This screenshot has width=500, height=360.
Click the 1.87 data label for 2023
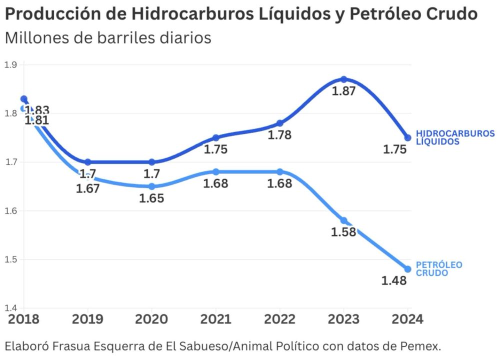[x=343, y=91]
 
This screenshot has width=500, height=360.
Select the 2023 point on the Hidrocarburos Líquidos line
[x=343, y=79]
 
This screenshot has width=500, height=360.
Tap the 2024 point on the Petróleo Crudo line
[x=407, y=269]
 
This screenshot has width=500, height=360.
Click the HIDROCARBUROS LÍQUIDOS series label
[x=455, y=137]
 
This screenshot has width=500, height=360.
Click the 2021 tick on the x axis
[x=215, y=319]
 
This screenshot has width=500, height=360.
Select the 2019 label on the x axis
[x=88, y=319]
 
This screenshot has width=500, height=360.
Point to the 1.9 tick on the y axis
[x=10, y=64]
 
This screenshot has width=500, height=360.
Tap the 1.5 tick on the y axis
[x=10, y=259]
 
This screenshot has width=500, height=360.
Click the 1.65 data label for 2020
[x=151, y=198]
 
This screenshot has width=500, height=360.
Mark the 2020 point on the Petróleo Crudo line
[x=152, y=186]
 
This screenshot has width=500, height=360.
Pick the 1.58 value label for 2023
[x=343, y=232]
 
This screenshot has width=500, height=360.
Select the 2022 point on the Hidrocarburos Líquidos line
[x=279, y=123]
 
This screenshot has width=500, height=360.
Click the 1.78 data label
[x=279, y=135]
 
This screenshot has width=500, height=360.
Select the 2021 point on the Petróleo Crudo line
[x=215, y=171]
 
